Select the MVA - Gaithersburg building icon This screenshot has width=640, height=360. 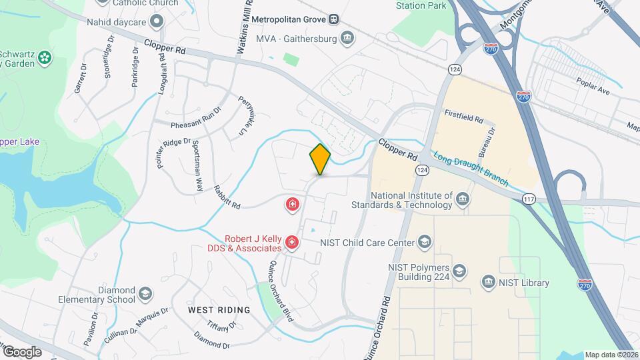(347, 37)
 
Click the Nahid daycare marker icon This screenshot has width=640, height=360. (157, 21)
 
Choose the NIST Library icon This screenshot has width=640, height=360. (489, 283)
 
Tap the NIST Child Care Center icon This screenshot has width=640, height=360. (425, 242)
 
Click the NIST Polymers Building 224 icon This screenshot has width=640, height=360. (459, 271)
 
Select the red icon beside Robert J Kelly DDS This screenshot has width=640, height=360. (291, 245)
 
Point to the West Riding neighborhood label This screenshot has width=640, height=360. (219, 310)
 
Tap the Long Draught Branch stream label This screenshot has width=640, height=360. (471, 170)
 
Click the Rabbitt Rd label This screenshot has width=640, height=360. (226, 196)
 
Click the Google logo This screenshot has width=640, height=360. (21, 352)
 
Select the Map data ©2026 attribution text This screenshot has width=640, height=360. (611, 355)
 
